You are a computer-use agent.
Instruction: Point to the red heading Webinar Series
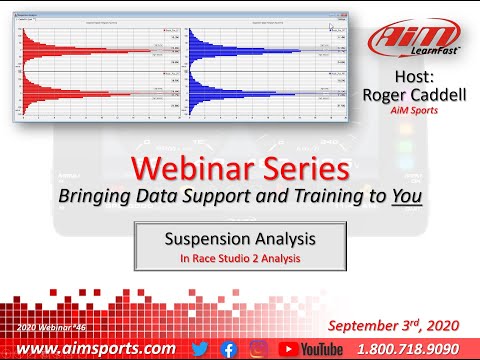coord(241,166)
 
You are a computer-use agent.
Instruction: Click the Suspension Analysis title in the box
coord(240,240)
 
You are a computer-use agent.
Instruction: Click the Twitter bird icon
coord(200,347)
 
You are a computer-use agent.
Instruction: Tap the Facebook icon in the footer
coord(229,347)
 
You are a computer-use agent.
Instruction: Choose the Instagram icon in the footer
coord(257,347)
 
